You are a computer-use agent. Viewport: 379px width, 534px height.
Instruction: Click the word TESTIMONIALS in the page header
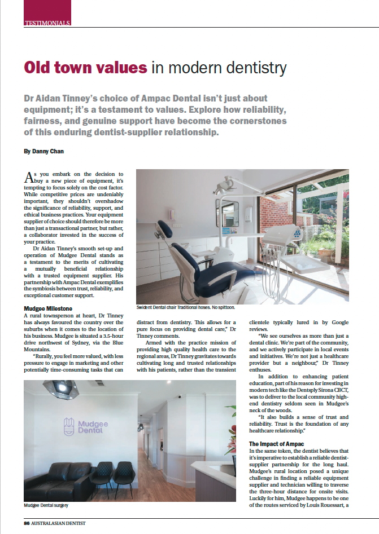[x=47, y=23]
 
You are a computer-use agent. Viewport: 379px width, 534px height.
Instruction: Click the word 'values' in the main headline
[x=117, y=68]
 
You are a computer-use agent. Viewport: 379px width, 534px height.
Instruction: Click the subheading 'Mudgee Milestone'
[x=47, y=308]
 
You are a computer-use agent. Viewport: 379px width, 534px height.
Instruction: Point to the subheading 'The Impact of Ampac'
[x=276, y=444]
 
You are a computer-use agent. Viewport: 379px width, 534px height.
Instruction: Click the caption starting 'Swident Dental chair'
[x=185, y=308]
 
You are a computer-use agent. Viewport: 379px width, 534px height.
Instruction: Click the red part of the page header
[x=47, y=10]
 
